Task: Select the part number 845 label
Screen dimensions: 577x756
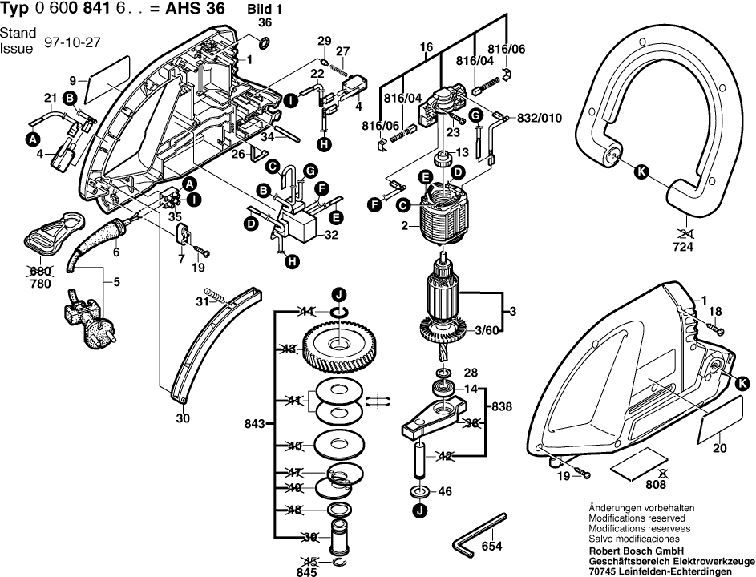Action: pyautogui.click(x=307, y=571)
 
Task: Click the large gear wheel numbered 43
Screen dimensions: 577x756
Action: pyautogui.click(x=340, y=345)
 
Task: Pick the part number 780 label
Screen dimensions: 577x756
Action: pyautogui.click(x=40, y=284)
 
